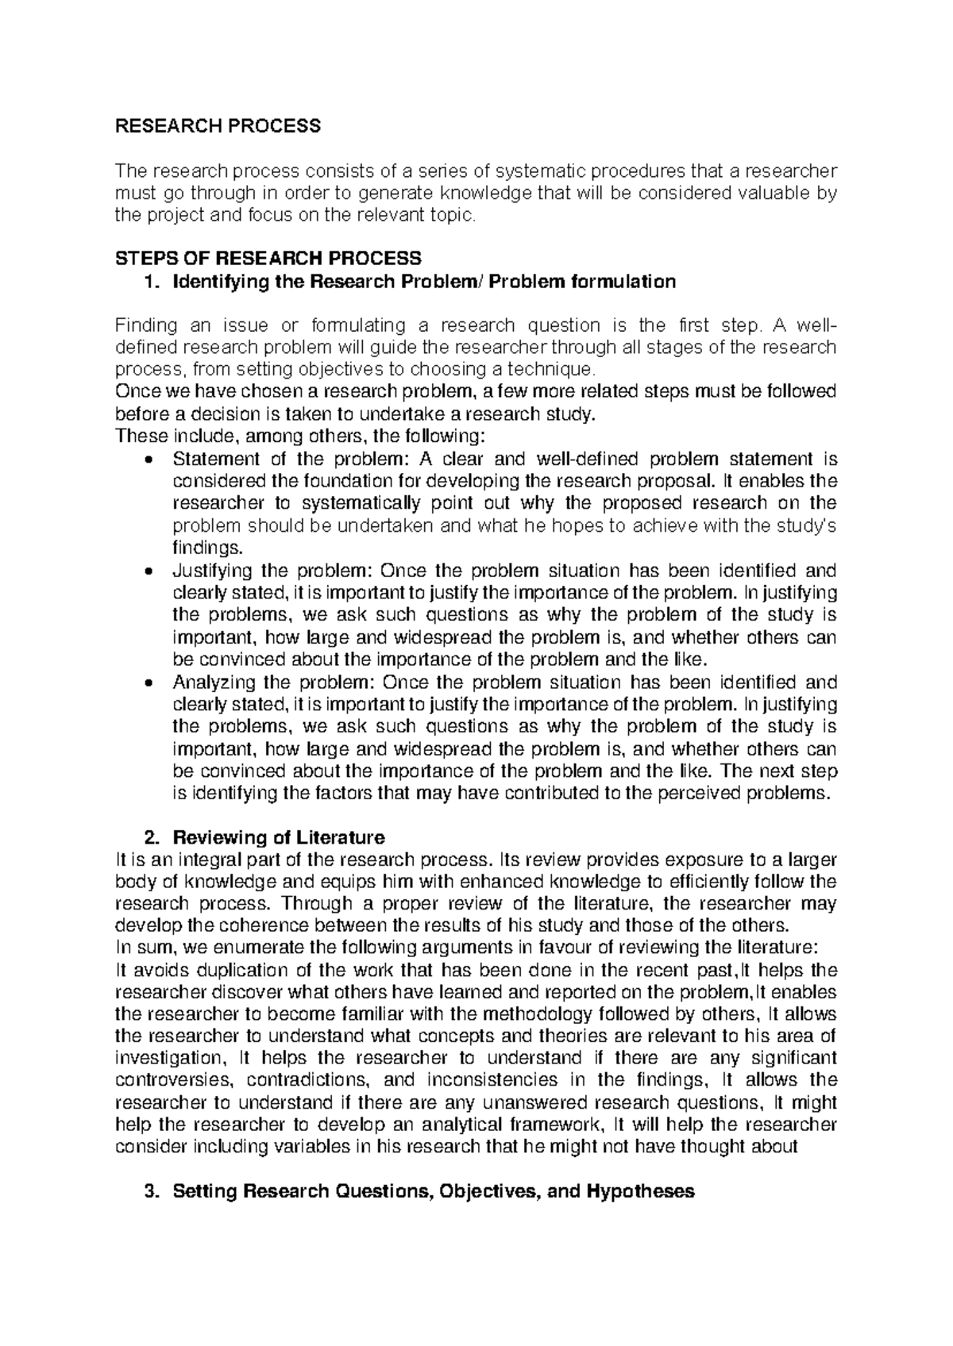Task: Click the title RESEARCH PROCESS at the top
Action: click(x=218, y=125)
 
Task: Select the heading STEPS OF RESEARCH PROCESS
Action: click(x=268, y=258)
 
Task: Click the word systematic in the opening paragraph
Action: click(x=538, y=170)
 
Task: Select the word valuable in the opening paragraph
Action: click(x=771, y=192)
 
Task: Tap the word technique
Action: click(x=553, y=370)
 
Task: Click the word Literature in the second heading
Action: click(x=340, y=836)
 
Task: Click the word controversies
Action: click(x=174, y=1080)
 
